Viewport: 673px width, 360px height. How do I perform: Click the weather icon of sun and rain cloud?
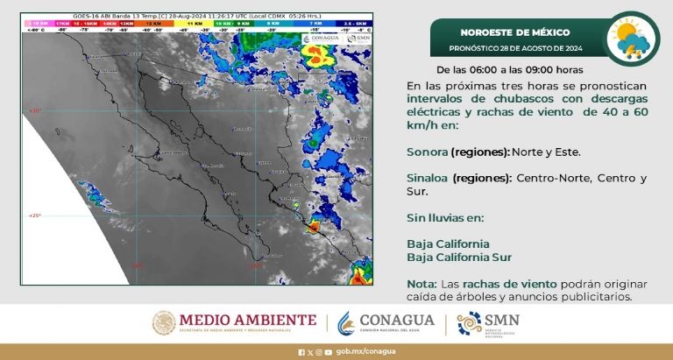pos(633,38)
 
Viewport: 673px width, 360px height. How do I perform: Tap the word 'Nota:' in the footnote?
pos(422,284)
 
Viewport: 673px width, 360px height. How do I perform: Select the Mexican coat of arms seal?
pos(164,323)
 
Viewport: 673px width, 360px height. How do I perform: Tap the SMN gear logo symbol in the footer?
pos(469,324)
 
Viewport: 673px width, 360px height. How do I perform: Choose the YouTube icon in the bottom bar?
pos(328,352)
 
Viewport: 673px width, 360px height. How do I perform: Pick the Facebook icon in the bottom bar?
pos(301,352)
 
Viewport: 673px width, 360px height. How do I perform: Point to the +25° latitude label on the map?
pos(35,215)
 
